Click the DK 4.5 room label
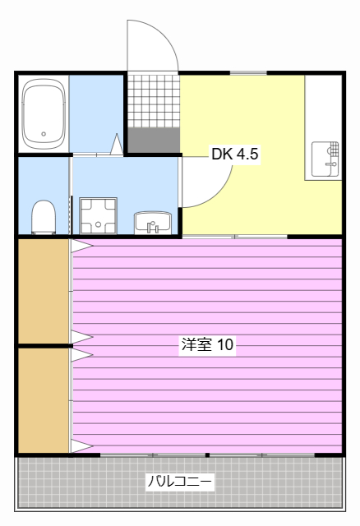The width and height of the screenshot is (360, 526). (x=235, y=154)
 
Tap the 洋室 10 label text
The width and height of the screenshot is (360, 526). (x=207, y=345)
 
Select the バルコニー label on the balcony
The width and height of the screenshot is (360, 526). (x=180, y=482)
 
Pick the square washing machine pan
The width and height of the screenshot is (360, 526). (x=99, y=215)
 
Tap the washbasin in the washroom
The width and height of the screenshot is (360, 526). (x=152, y=222)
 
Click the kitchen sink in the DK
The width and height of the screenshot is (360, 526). (x=325, y=159)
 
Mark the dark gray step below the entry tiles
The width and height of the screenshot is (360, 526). (x=153, y=139)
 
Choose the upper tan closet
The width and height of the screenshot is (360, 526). (x=43, y=290)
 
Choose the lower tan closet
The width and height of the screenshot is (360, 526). (x=43, y=399)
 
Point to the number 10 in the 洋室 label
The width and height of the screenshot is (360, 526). (x=226, y=345)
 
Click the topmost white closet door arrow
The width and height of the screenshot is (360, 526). (x=81, y=245)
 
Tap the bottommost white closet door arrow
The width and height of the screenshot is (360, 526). (x=81, y=446)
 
